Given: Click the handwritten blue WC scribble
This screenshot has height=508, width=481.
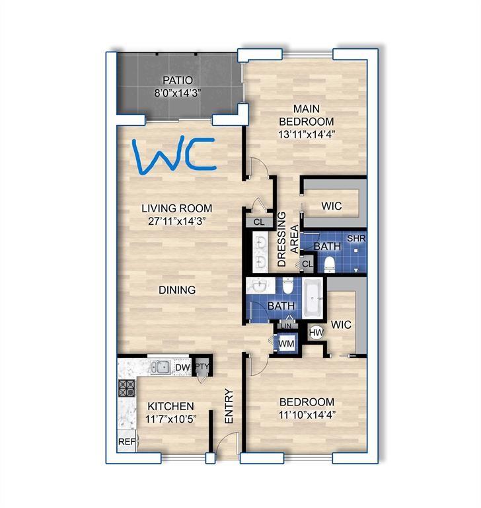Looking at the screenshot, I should coord(172,156).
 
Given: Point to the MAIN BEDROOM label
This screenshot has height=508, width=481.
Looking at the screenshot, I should coord(306,116).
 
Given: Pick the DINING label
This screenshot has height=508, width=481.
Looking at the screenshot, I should coord(176,290).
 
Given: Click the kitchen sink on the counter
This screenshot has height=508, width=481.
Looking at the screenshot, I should coord(159,366).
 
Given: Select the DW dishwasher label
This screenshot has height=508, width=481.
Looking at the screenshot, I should coord(182,368).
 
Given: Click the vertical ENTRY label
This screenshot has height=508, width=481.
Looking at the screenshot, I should coord(229,405).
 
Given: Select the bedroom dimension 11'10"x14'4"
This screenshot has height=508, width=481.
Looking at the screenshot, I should coord(306,415).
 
